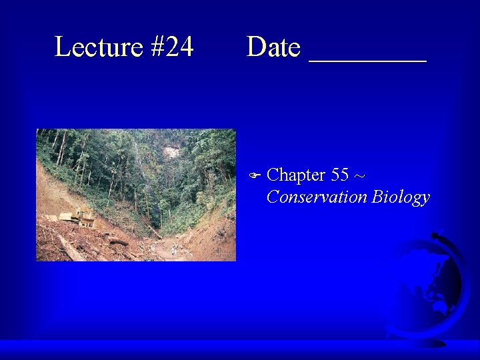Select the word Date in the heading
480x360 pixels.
[273, 47]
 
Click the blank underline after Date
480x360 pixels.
[367, 59]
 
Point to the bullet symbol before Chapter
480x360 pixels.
[254, 176]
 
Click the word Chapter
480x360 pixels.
[295, 175]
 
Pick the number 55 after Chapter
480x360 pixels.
[339, 175]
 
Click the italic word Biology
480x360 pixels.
[401, 198]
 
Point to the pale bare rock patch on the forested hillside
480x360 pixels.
[171, 152]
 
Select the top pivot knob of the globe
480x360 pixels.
[437, 235]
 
